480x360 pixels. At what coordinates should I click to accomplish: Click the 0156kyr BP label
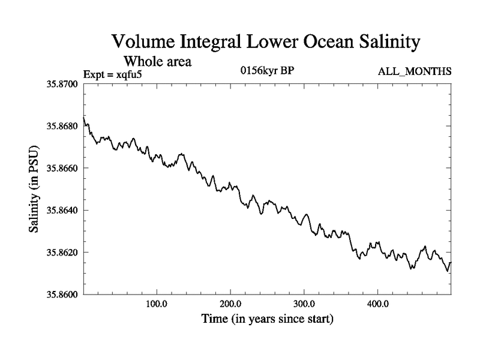267,72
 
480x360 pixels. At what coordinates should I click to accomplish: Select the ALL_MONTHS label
414,72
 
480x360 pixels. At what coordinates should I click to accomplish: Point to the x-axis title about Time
267,319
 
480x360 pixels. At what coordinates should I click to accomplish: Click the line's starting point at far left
84,118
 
